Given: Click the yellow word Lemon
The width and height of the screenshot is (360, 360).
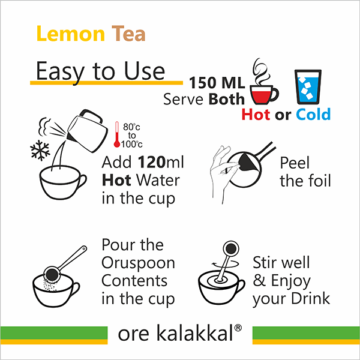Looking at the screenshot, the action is click(x=71, y=34).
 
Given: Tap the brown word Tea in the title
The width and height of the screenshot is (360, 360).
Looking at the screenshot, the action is click(x=128, y=34).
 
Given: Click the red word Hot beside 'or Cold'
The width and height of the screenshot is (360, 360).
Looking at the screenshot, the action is click(x=256, y=115).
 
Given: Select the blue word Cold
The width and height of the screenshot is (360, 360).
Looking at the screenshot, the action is click(x=313, y=115).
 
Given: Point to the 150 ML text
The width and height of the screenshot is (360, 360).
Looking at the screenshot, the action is click(x=217, y=83).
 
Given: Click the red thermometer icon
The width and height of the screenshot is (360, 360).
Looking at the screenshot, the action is click(x=117, y=134).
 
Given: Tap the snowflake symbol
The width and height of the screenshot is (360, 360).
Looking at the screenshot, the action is click(x=40, y=150).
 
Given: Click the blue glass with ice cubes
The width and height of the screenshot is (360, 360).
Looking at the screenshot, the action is click(x=308, y=87).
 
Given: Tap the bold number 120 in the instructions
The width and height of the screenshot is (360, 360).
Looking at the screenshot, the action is click(x=152, y=162).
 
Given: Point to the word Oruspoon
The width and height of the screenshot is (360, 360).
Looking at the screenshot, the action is click(x=138, y=263).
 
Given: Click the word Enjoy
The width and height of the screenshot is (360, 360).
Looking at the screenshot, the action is click(x=290, y=281).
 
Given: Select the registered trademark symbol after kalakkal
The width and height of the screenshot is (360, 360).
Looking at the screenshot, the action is click(x=238, y=328).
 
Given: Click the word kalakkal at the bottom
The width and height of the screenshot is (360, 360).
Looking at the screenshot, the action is click(x=195, y=332).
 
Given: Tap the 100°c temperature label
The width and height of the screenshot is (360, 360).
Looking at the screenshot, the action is click(x=132, y=144).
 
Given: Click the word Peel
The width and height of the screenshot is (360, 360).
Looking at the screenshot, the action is click(x=295, y=163).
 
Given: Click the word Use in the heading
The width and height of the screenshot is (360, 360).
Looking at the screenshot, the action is click(x=145, y=71).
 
